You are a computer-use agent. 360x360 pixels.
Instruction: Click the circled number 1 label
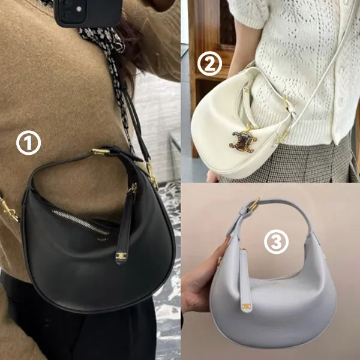tap(28, 143)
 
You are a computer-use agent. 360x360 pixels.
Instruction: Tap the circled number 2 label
tap(209, 64)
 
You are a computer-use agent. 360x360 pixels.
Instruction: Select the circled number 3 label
tap(276, 242)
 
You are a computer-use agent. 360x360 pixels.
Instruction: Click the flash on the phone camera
tap(79, 9)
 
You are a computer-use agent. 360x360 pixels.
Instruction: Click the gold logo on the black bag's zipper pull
tap(121, 256)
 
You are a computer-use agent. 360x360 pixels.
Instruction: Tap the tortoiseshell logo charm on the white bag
tap(242, 141)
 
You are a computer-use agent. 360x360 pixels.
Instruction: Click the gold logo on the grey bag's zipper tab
tap(246, 306)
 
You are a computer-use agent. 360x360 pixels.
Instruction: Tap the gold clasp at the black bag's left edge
tap(9, 209)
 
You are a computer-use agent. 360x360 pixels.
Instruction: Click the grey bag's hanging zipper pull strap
tap(245, 281)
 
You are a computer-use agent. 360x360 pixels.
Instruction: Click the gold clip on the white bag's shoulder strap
tap(281, 138)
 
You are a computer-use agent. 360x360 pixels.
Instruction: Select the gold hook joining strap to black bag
tap(152, 173)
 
